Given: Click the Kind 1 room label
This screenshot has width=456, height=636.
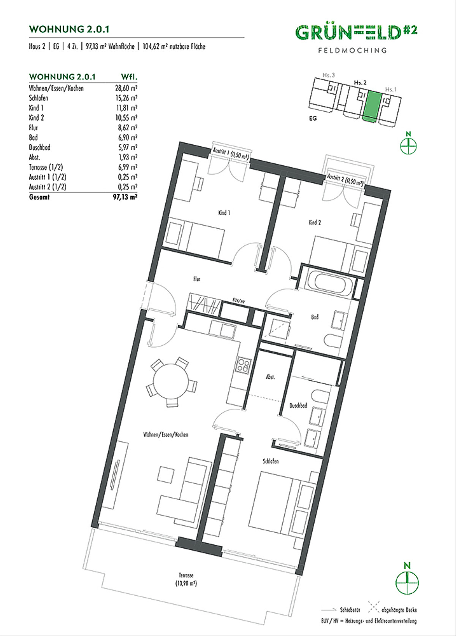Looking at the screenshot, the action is pyautogui.click(x=224, y=213).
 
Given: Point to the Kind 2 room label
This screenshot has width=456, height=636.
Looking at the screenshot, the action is pyautogui.click(x=315, y=222).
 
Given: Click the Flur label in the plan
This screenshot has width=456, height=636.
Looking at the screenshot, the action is pyautogui.click(x=197, y=279).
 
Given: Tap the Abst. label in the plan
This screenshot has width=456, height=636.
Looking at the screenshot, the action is pyautogui.click(x=270, y=377).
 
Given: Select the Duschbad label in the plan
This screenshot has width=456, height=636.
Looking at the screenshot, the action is pyautogui.click(x=298, y=406).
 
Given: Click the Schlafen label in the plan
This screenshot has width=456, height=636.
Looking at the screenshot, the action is pyautogui.click(x=271, y=461).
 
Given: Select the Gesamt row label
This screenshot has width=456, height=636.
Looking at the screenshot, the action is pyautogui.click(x=39, y=197).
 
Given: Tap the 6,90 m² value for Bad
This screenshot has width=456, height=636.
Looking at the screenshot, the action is pyautogui.click(x=127, y=138).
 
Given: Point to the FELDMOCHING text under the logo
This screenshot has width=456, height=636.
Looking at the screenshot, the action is pyautogui.click(x=352, y=50).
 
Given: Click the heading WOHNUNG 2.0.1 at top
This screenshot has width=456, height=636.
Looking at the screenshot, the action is pyautogui.click(x=69, y=29).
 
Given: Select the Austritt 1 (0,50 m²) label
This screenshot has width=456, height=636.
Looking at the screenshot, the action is pyautogui.click(x=231, y=155).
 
